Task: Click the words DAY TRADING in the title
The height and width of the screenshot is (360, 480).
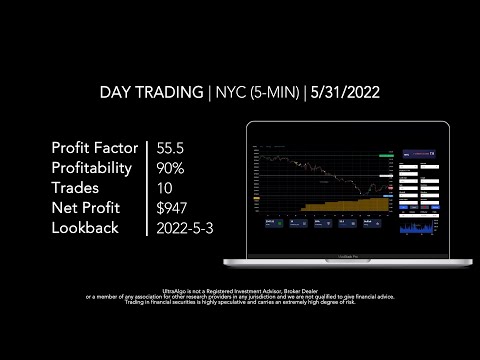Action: pyautogui.click(x=150, y=92)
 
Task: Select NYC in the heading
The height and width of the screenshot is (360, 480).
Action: pyautogui.click(x=230, y=92)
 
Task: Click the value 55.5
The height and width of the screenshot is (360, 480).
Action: pyautogui.click(x=173, y=149)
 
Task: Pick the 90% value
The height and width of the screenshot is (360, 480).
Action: pyautogui.click(x=172, y=169)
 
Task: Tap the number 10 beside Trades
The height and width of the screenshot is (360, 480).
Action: pyautogui.click(x=164, y=189)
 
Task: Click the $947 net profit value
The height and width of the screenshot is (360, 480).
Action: pyautogui.click(x=172, y=208)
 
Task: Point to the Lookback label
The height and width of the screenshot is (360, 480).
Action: pyautogui.click(x=85, y=228)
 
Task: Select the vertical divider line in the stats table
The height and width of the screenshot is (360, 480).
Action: pyautogui.click(x=147, y=188)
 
